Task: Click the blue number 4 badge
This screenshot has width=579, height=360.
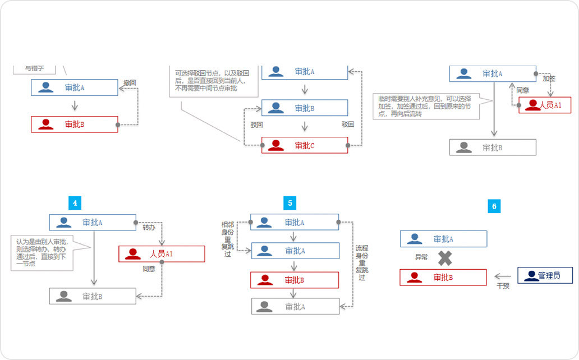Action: point(75,202)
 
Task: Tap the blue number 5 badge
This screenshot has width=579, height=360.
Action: point(290,203)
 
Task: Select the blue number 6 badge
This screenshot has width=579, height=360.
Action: point(494,206)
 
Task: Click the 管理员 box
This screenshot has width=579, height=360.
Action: point(545,275)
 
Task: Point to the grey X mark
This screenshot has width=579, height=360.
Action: point(444,258)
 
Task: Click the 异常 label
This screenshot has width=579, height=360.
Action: point(421,258)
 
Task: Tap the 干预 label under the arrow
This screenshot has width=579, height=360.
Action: point(503,286)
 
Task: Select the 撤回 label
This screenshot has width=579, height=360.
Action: point(130,82)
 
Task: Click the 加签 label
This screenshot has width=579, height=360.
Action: point(548,79)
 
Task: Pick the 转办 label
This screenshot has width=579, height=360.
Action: point(149,228)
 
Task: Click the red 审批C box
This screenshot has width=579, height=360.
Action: point(305,145)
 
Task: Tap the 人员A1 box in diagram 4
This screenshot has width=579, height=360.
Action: point(162,254)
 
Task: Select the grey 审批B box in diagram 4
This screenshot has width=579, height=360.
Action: point(93,296)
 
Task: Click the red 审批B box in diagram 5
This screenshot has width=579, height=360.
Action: point(295,280)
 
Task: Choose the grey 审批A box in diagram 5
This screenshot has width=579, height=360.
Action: point(295,306)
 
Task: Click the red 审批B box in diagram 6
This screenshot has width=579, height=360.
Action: point(443,278)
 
